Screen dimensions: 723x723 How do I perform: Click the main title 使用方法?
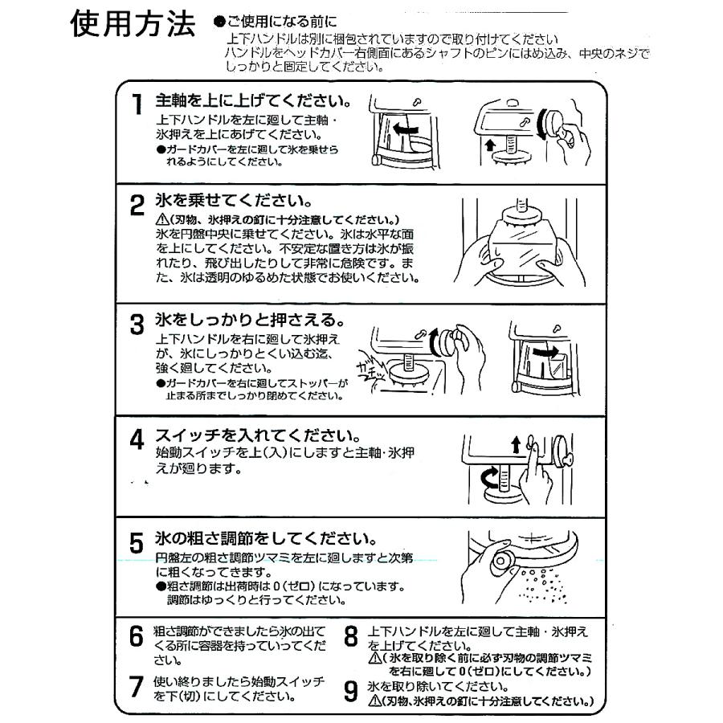point(133,27)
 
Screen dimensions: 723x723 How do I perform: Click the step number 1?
point(137,104)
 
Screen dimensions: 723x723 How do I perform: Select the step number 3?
point(137,324)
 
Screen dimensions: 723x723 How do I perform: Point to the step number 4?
point(137,439)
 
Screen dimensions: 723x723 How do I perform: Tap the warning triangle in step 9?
point(374,701)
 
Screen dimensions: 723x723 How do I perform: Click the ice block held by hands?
point(519,245)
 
